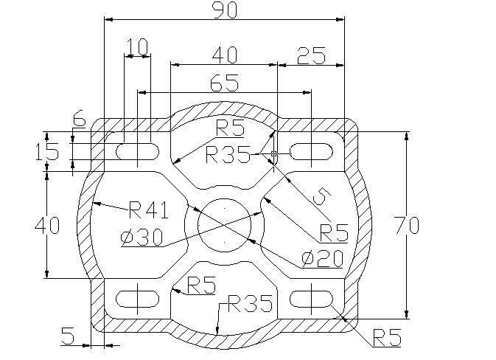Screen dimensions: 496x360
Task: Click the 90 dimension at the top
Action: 224,10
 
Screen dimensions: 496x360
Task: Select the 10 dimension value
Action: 137,47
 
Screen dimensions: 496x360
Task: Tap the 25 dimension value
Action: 311,56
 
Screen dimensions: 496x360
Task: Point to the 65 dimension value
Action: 224,83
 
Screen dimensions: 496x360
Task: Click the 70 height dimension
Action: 408,225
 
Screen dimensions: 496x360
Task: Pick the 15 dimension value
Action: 47,152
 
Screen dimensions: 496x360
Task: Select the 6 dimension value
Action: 79,118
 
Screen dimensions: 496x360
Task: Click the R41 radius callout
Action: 149,210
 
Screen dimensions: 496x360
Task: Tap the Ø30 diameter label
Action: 142,238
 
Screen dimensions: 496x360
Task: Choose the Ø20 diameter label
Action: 322,259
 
